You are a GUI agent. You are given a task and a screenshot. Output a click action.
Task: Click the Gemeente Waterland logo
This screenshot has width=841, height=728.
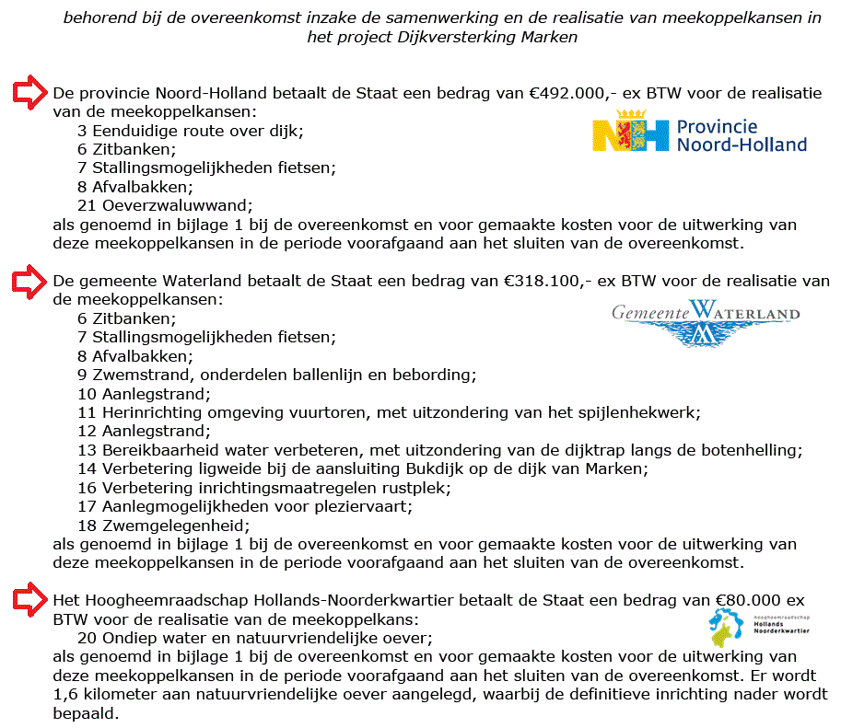point(706,321)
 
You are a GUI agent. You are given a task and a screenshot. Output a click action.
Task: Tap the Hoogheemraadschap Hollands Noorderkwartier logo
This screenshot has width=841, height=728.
point(758,627)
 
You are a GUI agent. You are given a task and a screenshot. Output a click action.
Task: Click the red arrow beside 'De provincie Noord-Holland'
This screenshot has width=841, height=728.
point(29,92)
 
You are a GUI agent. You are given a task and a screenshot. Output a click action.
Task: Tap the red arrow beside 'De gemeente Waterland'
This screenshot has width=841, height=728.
point(29,280)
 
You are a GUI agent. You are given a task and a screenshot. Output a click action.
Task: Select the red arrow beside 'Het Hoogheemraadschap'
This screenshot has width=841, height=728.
point(29,599)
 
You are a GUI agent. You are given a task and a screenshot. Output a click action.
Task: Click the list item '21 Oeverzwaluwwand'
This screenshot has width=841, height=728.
point(165,205)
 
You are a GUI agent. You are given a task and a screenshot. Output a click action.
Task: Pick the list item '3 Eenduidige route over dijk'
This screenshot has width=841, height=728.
point(190,131)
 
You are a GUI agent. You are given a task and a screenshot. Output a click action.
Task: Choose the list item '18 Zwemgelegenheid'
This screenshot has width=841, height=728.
point(164,525)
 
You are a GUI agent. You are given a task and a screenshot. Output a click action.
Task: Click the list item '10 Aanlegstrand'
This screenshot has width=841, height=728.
point(144,393)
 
